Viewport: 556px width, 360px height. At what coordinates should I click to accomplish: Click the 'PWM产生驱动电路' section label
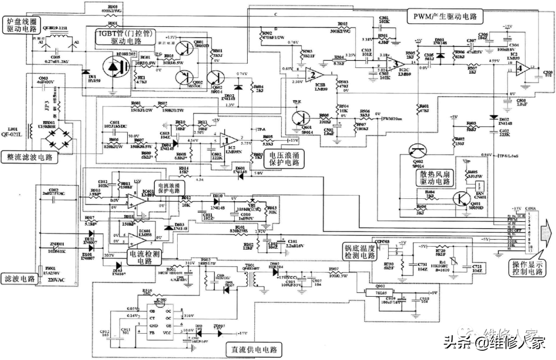(x=446, y=16)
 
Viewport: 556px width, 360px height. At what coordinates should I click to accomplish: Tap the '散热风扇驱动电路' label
(x=438, y=177)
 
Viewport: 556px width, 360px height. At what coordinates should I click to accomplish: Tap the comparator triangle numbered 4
(x=521, y=67)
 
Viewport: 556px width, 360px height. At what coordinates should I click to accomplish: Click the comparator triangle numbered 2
(x=310, y=75)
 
